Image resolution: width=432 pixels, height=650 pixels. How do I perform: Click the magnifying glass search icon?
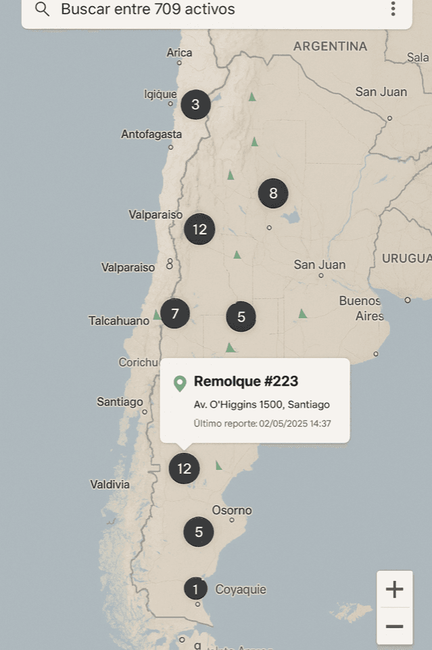click(43, 9)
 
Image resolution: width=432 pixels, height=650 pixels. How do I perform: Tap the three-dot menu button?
click(393, 9)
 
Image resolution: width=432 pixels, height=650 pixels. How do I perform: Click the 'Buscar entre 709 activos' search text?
click(148, 9)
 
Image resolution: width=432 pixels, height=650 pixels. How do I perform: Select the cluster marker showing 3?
click(195, 104)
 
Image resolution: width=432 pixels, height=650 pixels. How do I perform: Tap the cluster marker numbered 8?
click(273, 194)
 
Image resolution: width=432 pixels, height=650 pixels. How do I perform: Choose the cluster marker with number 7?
click(175, 313)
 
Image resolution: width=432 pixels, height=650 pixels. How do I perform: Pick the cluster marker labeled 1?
click(195, 589)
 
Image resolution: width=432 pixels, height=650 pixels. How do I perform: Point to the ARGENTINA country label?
click(330, 46)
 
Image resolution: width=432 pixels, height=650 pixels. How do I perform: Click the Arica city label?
click(179, 52)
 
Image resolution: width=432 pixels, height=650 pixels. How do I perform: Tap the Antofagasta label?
click(151, 134)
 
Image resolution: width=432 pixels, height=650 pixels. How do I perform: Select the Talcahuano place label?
click(119, 320)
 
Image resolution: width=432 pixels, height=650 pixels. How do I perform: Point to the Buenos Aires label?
click(361, 308)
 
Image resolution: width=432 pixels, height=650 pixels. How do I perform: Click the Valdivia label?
click(110, 484)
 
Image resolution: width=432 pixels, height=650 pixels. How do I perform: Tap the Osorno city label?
click(232, 510)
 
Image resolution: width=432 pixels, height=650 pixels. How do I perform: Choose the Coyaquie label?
click(241, 590)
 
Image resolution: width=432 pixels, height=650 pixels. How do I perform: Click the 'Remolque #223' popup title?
click(246, 381)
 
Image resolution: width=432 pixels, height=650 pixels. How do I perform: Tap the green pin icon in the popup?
click(180, 383)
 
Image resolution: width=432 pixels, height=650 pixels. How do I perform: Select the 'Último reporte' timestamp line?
click(262, 424)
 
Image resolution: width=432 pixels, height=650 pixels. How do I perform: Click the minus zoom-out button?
click(394, 627)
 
